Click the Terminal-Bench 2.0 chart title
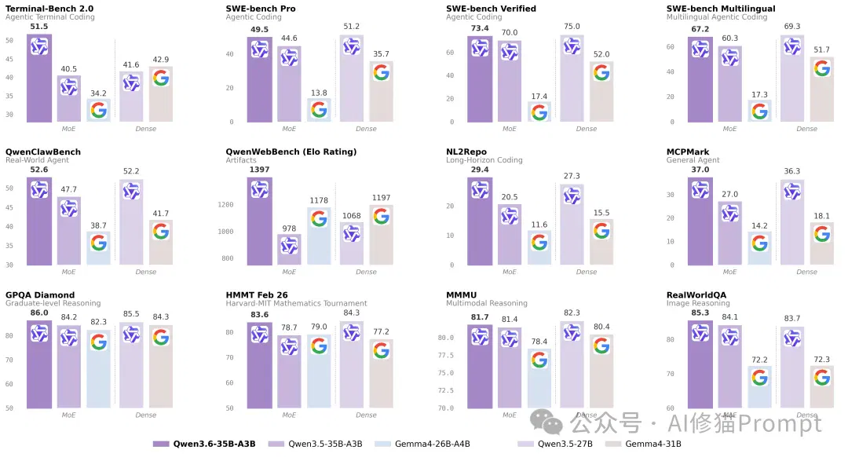[x=49, y=9]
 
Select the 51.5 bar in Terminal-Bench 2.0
[x=39, y=78]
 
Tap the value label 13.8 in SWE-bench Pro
[x=319, y=93]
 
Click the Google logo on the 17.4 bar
[x=539, y=112]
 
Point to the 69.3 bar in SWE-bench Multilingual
[x=792, y=79]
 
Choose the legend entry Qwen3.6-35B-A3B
[x=204, y=444]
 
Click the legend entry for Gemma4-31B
[x=643, y=444]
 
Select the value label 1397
[x=260, y=170]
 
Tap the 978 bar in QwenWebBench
[x=289, y=250]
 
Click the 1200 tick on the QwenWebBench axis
[x=225, y=204]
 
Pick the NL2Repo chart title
[x=466, y=152]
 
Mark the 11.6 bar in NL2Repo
[x=539, y=247]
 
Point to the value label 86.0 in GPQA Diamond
[x=39, y=313]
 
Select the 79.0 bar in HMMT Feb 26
[x=319, y=371]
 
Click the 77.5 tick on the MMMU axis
[x=446, y=356]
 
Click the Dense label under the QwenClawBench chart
[x=145, y=272]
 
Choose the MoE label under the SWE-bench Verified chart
[x=510, y=129]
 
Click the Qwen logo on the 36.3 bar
[x=792, y=192]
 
